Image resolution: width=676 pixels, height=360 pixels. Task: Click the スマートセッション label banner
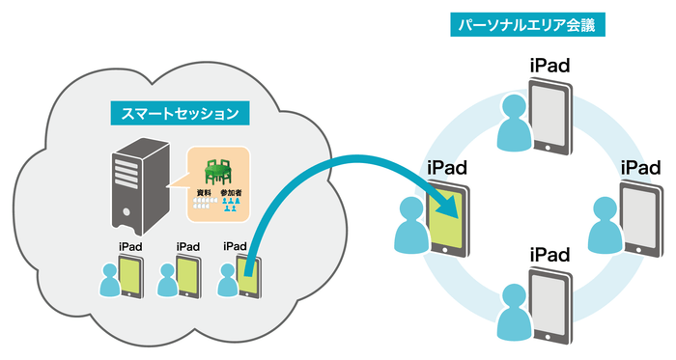pyautogui.click(x=180, y=113)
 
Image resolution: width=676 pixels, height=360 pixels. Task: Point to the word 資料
pyautogui.click(x=204, y=193)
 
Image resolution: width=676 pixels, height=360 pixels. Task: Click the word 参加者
pyautogui.click(x=231, y=193)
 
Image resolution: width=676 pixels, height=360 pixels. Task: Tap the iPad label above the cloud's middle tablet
pyautogui.click(x=187, y=247)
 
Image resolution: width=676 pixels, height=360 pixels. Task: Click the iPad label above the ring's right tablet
pyautogui.click(x=640, y=168)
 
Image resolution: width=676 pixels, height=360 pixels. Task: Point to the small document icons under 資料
pyautogui.click(x=204, y=206)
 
